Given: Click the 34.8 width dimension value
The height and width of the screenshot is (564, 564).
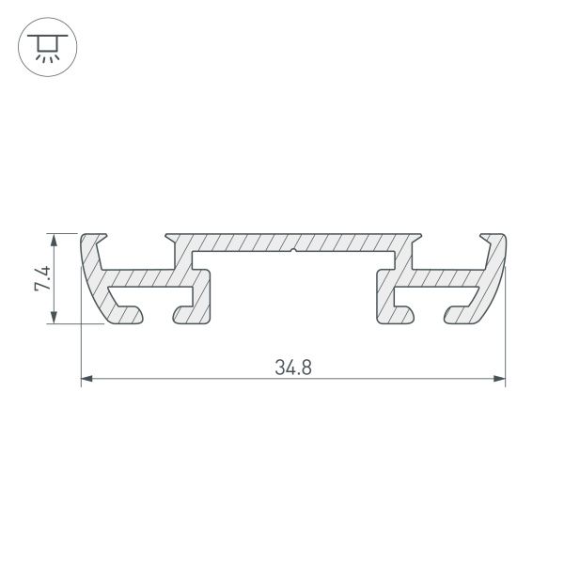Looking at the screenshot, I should pyautogui.click(x=293, y=367).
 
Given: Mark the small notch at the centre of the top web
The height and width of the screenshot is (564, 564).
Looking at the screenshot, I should pyautogui.click(x=294, y=251).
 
